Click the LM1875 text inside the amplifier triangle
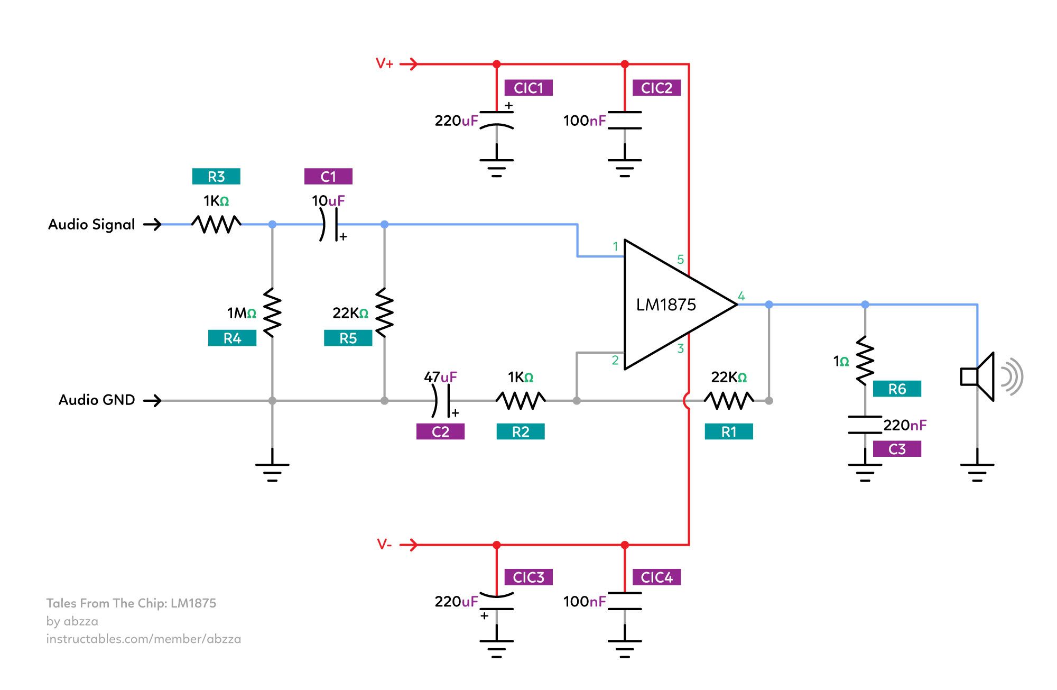coord(665,305)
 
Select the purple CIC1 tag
coord(528,88)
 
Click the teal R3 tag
coord(216,177)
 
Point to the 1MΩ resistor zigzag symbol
coord(272,312)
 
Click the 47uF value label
coord(440,377)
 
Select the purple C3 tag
coord(896,449)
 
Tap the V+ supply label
coord(385,64)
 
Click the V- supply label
coord(384,544)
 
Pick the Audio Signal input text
coord(91,224)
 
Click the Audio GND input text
coord(97,400)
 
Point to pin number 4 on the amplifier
coord(741,296)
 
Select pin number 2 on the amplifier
coord(615,360)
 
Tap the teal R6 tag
coord(896,389)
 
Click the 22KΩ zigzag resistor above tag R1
coord(729,400)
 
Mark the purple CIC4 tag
coord(656,577)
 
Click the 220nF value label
coord(905,425)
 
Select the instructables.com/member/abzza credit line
coord(143,639)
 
